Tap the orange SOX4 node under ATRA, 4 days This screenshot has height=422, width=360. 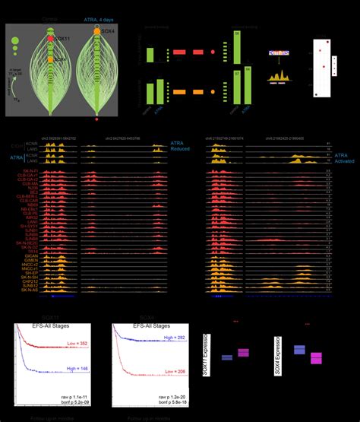click(x=98, y=31)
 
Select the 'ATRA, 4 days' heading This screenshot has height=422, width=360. click(x=99, y=14)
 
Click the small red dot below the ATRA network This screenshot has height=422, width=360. click(x=97, y=119)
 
